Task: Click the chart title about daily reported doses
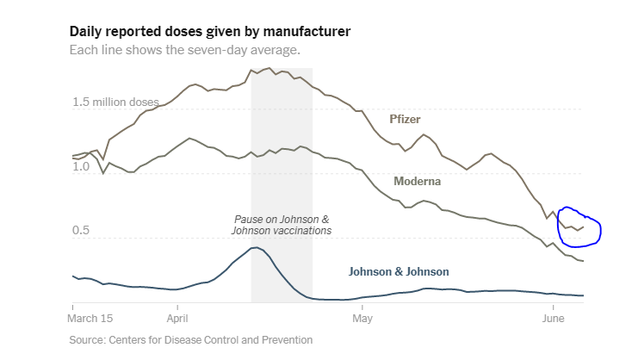[210, 32]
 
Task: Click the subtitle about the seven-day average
[185, 50]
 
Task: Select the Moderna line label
[418, 182]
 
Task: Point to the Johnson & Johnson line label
[399, 271]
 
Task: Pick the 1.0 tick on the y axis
[82, 166]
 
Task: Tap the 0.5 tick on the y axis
[82, 231]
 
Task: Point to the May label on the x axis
[362, 319]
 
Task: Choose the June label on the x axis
[552, 319]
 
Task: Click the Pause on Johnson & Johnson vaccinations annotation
[282, 225]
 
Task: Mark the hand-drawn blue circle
[579, 226]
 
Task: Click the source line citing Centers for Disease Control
[191, 340]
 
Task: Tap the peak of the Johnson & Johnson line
[255, 247]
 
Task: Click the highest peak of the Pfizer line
[269, 68]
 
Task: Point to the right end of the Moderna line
[584, 261]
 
